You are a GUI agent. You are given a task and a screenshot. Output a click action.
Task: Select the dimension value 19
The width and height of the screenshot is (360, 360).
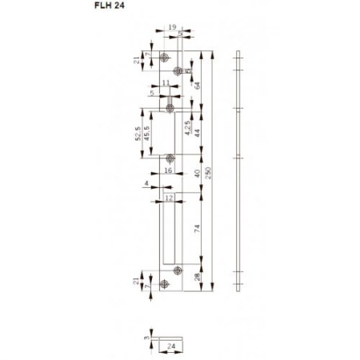point(173,28)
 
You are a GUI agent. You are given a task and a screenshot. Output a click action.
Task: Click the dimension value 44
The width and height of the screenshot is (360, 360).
point(197,128)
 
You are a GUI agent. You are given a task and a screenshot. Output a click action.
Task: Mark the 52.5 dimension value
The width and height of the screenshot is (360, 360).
point(138,131)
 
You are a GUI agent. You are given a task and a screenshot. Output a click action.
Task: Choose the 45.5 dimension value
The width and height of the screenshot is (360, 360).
point(147,131)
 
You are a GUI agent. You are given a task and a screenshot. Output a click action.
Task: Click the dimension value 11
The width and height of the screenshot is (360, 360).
point(166,83)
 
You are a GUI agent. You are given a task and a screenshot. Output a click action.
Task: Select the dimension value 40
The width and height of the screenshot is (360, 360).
point(197,174)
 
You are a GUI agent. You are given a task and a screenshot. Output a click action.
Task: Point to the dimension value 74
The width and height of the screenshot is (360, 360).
point(197,230)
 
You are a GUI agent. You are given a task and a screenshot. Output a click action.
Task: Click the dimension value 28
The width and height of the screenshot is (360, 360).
point(197,277)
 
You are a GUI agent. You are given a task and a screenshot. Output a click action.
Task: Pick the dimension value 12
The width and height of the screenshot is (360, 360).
point(169,197)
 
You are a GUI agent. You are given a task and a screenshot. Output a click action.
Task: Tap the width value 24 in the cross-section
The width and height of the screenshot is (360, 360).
point(171,346)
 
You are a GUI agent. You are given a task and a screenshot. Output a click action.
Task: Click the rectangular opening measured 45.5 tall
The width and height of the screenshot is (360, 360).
point(174,132)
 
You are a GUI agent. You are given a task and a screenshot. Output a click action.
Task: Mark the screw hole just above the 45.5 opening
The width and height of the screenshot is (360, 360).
point(170,106)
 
